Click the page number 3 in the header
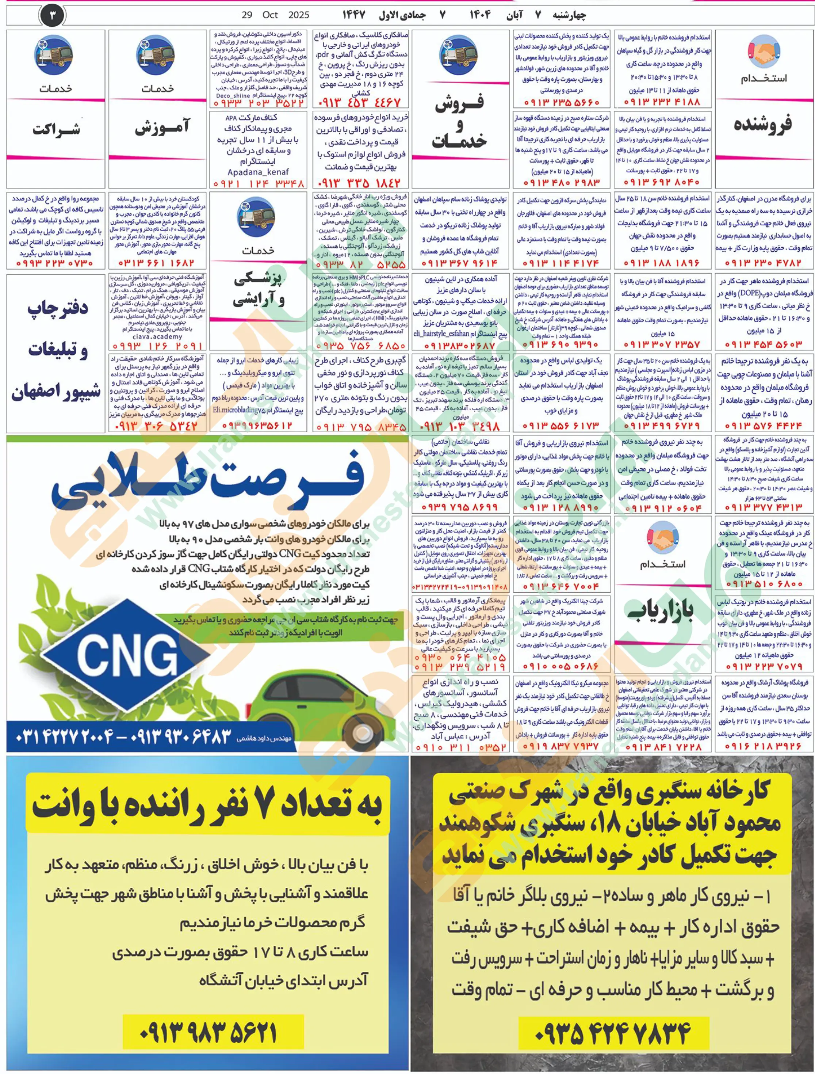53,15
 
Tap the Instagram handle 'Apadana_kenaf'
258,172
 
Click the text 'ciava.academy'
157,336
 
